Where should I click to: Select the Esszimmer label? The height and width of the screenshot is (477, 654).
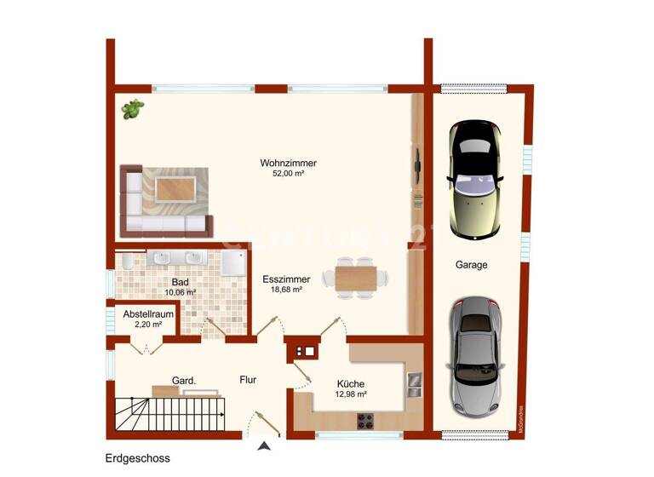click(x=286, y=279)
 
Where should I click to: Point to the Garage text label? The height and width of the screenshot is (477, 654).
click(x=471, y=265)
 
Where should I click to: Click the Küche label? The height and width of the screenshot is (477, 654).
click(x=351, y=383)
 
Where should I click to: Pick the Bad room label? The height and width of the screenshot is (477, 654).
click(x=179, y=282)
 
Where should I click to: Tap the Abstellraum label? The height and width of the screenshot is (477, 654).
click(x=148, y=314)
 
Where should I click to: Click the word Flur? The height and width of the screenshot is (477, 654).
click(x=248, y=380)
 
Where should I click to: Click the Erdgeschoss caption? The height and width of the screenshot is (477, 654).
click(x=138, y=458)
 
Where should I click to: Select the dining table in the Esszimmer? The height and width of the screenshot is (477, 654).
click(x=356, y=278)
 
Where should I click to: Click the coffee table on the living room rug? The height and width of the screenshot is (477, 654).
click(x=175, y=188)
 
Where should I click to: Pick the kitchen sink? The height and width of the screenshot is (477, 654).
click(x=414, y=385)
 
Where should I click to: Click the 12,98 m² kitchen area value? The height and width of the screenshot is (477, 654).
click(x=351, y=394)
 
